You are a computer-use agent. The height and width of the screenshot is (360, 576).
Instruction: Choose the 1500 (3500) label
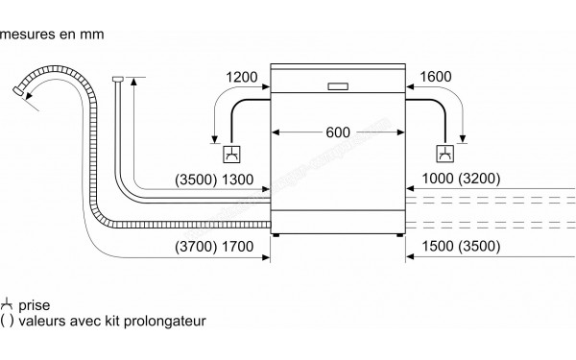point(460,248)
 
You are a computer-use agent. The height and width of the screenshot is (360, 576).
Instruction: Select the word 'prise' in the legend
point(35,302)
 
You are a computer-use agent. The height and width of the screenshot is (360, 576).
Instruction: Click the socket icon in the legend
point(8,302)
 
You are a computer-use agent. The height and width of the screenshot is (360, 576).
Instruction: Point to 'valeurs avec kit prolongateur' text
point(112,320)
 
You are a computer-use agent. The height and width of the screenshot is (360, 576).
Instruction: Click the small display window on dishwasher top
point(338,85)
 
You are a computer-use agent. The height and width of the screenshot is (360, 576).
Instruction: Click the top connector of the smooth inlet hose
point(116,80)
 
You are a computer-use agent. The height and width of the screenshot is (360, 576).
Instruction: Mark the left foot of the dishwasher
point(278,235)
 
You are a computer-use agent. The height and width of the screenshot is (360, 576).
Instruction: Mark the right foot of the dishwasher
point(396,235)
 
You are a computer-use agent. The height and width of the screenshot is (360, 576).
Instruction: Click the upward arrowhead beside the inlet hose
point(133,83)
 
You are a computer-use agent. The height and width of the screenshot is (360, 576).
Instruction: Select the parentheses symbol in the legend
point(8,320)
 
